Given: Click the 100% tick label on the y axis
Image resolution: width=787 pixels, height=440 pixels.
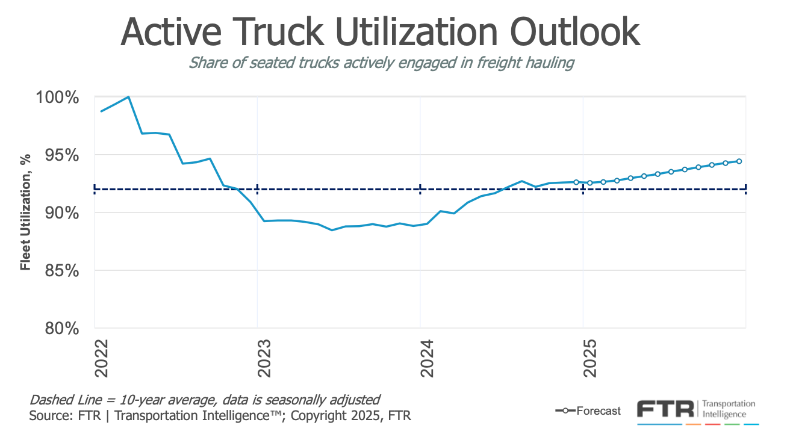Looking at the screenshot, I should tap(61, 98).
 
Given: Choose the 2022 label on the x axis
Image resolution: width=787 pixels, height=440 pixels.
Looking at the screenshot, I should tap(101, 359).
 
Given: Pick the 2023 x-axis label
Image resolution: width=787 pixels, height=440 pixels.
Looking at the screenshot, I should tap(264, 359).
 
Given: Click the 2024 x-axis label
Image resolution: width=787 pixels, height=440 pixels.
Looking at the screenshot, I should tap(426, 359).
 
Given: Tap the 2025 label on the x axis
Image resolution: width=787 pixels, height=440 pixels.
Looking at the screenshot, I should tap(589, 359).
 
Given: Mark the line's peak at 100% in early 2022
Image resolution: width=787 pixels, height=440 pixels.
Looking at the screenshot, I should tap(128, 97).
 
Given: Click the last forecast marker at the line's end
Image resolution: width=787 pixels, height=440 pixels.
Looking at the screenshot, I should tap(739, 161).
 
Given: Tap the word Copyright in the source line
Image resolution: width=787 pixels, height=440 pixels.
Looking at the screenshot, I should tap(316, 416).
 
